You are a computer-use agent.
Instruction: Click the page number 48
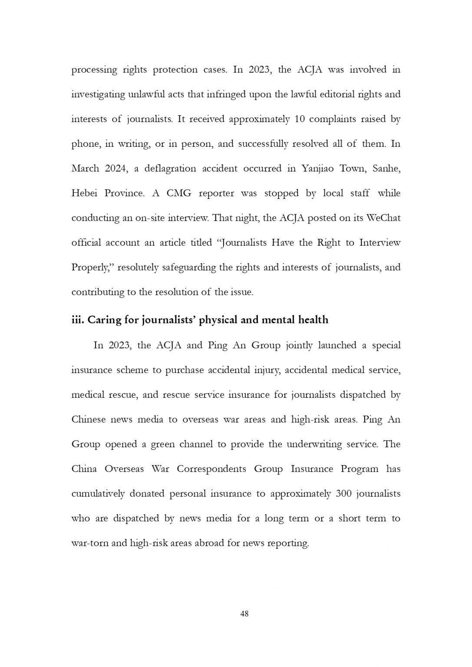244,614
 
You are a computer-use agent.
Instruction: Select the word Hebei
84,193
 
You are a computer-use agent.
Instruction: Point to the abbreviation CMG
179,193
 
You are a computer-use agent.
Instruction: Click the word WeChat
383,218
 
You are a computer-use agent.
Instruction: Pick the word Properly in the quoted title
92,267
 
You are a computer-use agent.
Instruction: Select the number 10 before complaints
300,119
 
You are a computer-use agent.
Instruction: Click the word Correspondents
211,469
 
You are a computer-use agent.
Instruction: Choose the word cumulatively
98,494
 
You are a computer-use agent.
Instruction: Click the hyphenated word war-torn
89,543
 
